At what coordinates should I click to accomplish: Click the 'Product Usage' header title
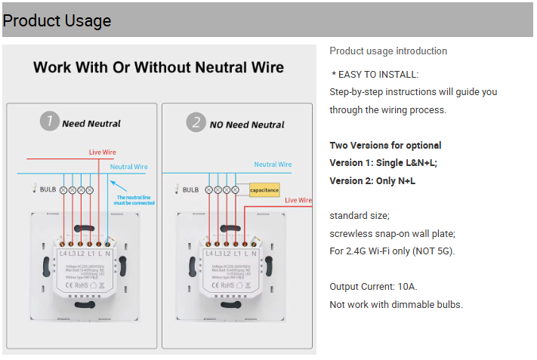click(x=57, y=20)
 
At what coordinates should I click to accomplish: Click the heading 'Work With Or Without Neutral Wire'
click(x=159, y=68)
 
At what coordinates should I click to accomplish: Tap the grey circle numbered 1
click(x=49, y=122)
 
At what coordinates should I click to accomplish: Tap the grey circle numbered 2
click(x=196, y=122)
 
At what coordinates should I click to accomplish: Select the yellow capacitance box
click(x=264, y=190)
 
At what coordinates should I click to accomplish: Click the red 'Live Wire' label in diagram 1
click(x=102, y=152)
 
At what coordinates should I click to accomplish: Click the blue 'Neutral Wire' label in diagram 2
click(x=273, y=165)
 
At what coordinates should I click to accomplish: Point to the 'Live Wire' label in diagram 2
click(x=299, y=201)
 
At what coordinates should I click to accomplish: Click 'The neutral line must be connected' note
click(x=134, y=200)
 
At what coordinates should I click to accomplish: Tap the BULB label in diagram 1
click(x=48, y=189)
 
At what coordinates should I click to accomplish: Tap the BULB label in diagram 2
click(x=190, y=190)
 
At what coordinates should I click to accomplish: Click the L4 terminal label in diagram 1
click(x=63, y=254)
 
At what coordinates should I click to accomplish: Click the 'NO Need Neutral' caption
click(x=246, y=125)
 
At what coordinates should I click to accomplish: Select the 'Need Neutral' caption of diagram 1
click(x=91, y=124)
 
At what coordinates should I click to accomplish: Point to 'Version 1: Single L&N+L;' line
click(x=383, y=163)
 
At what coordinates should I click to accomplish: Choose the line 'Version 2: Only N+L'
click(x=372, y=181)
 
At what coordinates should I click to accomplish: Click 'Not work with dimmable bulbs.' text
click(x=396, y=305)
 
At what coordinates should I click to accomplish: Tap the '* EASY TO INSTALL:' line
click(x=375, y=74)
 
